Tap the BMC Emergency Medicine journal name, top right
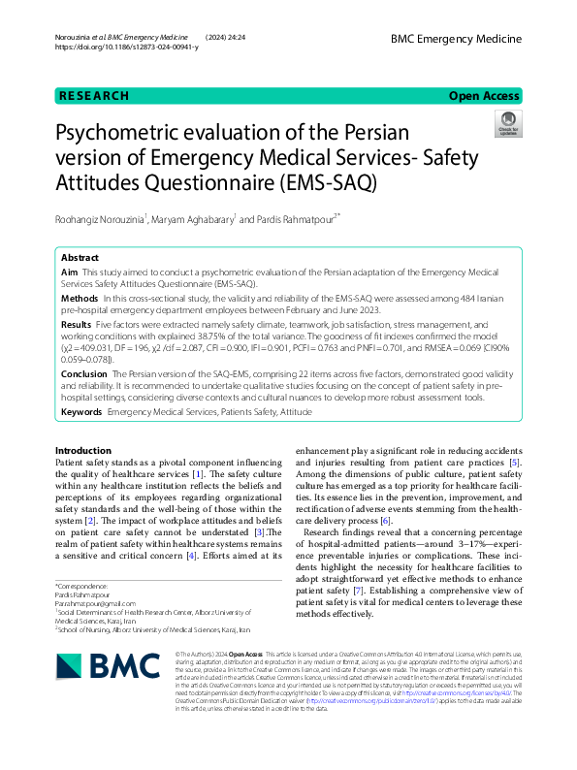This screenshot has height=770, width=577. pos(456,39)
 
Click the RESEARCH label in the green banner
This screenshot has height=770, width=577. pos(94,96)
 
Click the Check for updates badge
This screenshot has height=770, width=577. pos(507,124)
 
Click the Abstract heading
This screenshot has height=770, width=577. pos(80,259)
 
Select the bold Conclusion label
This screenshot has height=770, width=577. pos(83,372)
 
